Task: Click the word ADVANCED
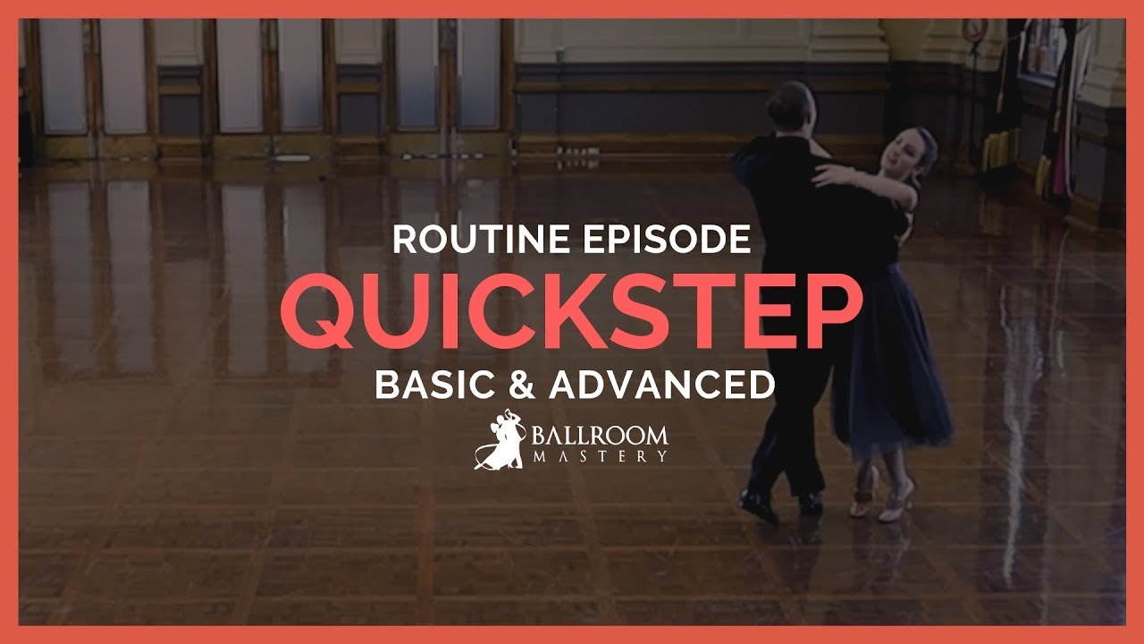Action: coord(662,386)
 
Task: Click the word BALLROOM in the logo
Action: coord(601,436)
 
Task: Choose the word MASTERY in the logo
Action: coord(601,456)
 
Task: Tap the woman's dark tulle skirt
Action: coord(894,376)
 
